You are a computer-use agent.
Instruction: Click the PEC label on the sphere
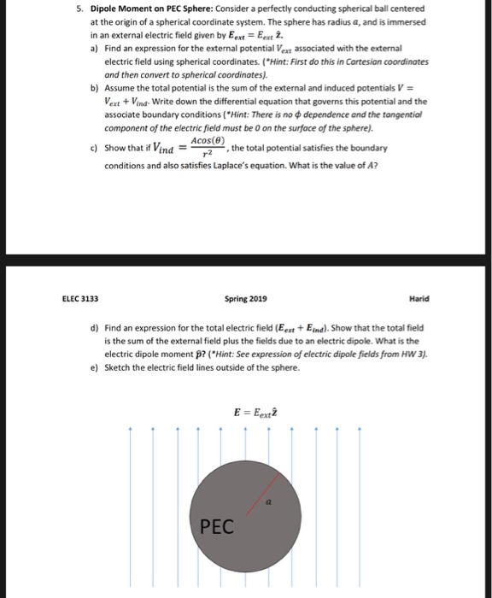216,527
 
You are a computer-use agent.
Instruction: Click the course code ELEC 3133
80,299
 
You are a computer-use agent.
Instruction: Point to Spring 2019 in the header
245,299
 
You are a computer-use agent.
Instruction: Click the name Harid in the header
419,299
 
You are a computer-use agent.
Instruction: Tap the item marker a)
93,50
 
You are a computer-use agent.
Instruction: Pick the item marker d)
93,328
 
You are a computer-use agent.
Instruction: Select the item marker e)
93,367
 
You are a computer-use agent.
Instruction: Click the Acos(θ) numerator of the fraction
208,140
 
